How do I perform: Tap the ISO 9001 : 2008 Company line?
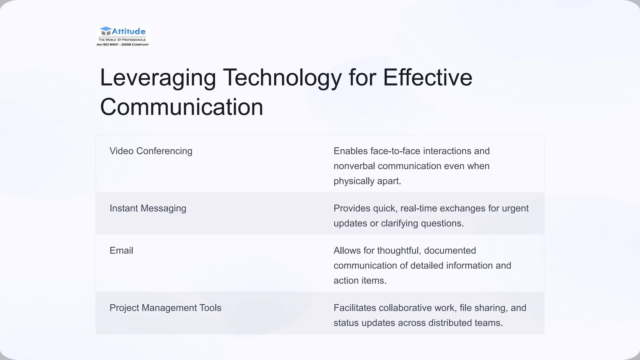pyautogui.click(x=122, y=45)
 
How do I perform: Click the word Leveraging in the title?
pyautogui.click(x=158, y=78)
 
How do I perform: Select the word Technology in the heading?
pyautogui.click(x=282, y=78)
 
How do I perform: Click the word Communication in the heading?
pyautogui.click(x=182, y=107)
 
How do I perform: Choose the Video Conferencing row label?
pyautogui.click(x=151, y=151)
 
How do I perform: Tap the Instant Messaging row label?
pyautogui.click(x=148, y=208)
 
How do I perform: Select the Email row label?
pyautogui.click(x=121, y=250)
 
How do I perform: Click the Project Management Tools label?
pyautogui.click(x=165, y=308)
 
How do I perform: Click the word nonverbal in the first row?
pyautogui.click(x=354, y=166)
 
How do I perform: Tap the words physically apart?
pyautogui.click(x=367, y=181)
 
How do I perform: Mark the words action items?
pyautogui.click(x=360, y=280)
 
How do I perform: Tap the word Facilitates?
pyautogui.click(x=355, y=308)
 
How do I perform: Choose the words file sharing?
pyautogui.click(x=484, y=308)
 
